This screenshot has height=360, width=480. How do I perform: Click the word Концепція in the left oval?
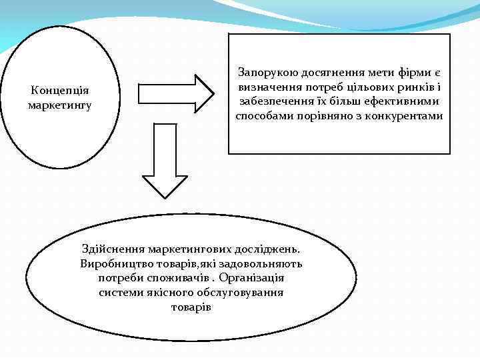[x=61, y=91]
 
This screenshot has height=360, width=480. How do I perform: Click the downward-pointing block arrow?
[x=166, y=160]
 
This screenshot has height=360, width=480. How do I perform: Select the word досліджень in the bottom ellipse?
[x=267, y=249]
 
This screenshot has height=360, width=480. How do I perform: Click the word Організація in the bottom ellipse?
[x=251, y=277]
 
